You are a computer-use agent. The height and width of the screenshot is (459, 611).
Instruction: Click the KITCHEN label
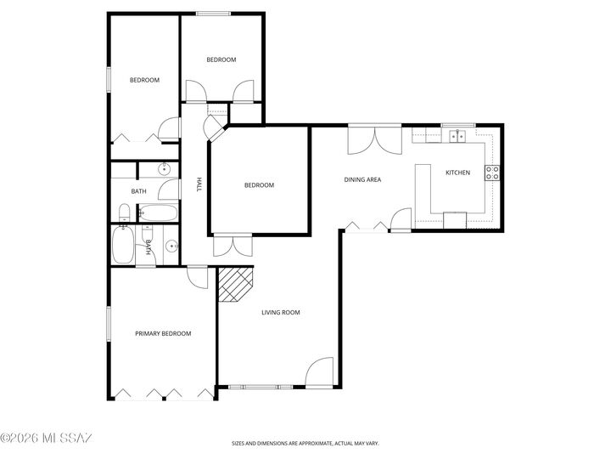point(457,173)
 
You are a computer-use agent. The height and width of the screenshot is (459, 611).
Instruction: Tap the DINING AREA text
point(362,179)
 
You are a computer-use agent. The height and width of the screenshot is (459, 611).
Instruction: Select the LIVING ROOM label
point(280,313)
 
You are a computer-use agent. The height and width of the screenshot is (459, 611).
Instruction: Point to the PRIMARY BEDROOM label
point(163,334)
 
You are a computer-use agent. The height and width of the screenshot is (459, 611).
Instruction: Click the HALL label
point(199,184)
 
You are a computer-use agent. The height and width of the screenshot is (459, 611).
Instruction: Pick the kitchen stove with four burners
point(491,173)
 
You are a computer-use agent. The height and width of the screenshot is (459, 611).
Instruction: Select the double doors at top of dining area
point(373,139)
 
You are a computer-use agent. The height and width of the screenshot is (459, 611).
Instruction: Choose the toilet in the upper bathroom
point(124,212)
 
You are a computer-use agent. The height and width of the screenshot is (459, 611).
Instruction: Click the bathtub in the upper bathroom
point(159,212)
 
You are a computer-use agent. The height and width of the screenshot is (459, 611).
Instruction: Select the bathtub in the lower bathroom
point(122,246)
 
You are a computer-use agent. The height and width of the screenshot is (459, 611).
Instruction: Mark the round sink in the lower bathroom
point(173,246)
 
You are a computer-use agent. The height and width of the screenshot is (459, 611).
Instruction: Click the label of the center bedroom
point(259,185)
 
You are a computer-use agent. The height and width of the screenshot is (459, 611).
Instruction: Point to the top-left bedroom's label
point(144,81)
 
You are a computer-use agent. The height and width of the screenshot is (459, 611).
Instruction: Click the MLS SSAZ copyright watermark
point(46,439)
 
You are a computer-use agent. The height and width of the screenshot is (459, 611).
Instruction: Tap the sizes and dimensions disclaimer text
point(305,443)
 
